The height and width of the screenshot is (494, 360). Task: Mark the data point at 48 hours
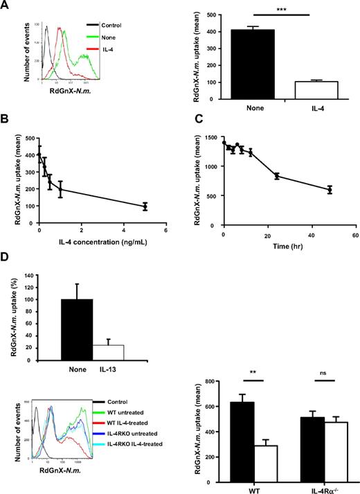point(330,189)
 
